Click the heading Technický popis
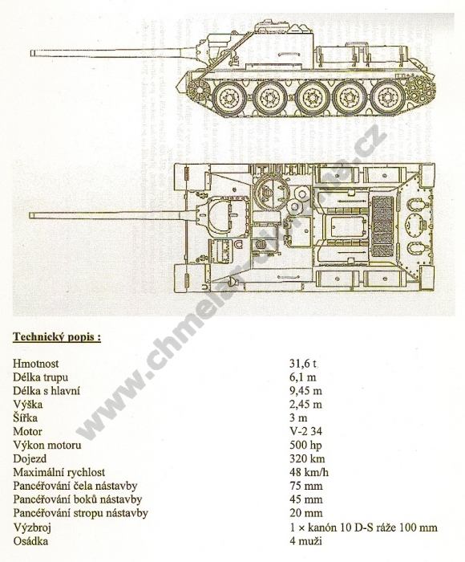57,337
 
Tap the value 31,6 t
303,364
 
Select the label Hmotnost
36,364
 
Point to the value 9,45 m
305,391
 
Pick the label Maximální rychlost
59,472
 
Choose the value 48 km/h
309,472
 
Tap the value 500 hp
305,445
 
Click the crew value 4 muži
305,540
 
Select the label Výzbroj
32,527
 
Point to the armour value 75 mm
305,486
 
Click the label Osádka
30,540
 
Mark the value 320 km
307,458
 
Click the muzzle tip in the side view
31,53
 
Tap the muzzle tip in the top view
30,215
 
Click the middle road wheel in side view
312,97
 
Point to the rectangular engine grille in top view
383,226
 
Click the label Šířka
25,418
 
